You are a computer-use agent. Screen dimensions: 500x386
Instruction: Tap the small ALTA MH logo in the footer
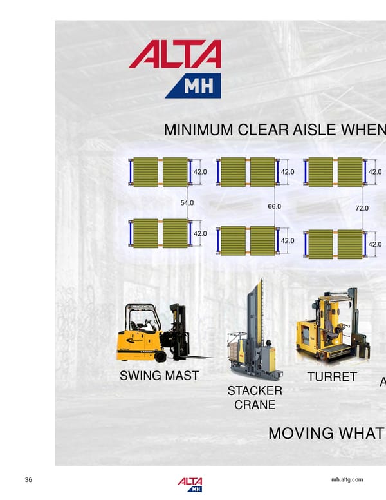pyautogui.click(x=190, y=485)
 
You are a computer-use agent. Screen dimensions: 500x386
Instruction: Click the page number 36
pyautogui.click(x=28, y=480)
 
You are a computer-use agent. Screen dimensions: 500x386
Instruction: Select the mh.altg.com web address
pyautogui.click(x=347, y=480)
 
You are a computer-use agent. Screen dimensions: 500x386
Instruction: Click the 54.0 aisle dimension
pyautogui.click(x=187, y=204)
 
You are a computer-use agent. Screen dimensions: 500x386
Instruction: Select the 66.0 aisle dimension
pyautogui.click(x=274, y=207)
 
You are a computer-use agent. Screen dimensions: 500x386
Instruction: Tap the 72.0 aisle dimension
pyautogui.click(x=362, y=209)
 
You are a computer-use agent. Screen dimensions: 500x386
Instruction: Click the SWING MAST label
pyautogui.click(x=159, y=376)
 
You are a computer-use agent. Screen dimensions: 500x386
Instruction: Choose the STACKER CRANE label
pyautogui.click(x=255, y=398)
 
